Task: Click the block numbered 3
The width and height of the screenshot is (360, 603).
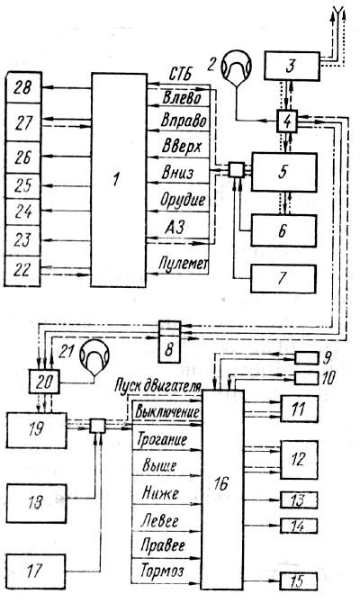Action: tap(292, 66)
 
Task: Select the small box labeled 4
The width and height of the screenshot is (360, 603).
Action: tap(287, 121)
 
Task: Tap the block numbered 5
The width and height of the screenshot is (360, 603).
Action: tap(284, 172)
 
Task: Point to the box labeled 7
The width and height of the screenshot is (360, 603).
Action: tap(283, 279)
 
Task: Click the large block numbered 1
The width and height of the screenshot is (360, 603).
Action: tap(119, 180)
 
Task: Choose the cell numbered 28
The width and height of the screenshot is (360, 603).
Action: tap(23, 87)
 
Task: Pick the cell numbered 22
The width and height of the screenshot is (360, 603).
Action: tap(23, 271)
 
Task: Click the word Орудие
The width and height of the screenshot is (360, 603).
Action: tap(183, 201)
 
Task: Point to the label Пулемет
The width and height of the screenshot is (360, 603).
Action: tap(184, 264)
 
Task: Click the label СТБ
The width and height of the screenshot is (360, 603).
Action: tap(180, 75)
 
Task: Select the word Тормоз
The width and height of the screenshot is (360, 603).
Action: tap(162, 571)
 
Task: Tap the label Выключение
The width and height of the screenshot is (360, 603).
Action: tap(167, 411)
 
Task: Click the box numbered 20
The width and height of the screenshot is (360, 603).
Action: tap(44, 382)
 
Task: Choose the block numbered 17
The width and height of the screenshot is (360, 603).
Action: tap(36, 571)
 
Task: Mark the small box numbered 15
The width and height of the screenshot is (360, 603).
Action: tap(299, 581)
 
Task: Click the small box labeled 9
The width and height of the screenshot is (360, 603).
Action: tap(306, 358)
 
